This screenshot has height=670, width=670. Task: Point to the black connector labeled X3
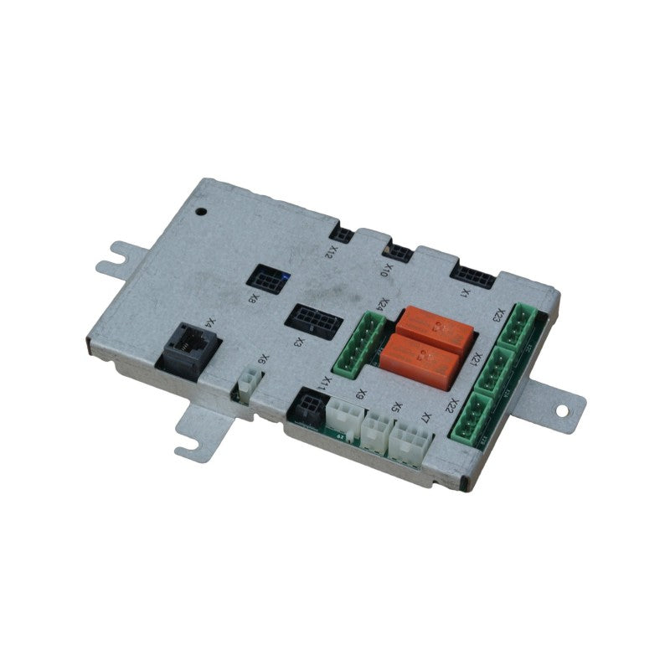(x=309, y=318)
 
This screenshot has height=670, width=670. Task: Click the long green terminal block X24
(x=357, y=343)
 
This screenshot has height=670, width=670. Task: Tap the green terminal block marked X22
(x=473, y=416)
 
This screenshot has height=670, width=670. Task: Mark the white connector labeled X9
(x=345, y=416)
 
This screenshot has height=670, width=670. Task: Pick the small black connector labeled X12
(x=341, y=234)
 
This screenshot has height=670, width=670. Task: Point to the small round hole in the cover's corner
(x=201, y=211)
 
